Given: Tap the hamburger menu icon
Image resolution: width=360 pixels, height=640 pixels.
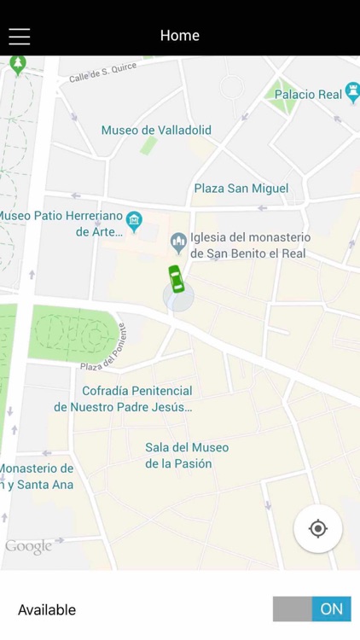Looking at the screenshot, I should (x=19, y=36).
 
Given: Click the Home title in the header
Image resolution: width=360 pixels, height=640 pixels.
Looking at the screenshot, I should (x=179, y=35).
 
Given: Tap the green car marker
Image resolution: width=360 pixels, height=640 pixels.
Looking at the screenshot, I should (x=176, y=278).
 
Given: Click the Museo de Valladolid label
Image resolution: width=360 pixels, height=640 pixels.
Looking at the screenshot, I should (x=156, y=131).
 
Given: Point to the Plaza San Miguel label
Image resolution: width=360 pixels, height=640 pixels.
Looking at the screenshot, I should (x=241, y=188).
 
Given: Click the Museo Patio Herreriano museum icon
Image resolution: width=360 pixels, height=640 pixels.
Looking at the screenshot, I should (x=134, y=224).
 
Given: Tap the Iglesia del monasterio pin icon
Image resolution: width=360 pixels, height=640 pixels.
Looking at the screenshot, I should (x=178, y=243).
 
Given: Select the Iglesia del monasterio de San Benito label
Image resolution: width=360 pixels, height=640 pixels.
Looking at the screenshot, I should (x=250, y=245).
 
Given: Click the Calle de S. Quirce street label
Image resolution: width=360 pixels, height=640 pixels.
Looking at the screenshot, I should (x=102, y=74).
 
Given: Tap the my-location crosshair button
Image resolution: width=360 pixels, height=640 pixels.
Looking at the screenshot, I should (x=317, y=529).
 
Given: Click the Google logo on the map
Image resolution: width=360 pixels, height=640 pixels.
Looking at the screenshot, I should (x=28, y=547).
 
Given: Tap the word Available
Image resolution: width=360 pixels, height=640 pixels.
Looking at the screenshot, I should (x=47, y=609).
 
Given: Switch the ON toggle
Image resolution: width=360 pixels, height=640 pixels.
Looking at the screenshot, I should (x=312, y=608).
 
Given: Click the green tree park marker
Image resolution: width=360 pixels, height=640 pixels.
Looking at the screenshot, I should (x=18, y=63).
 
